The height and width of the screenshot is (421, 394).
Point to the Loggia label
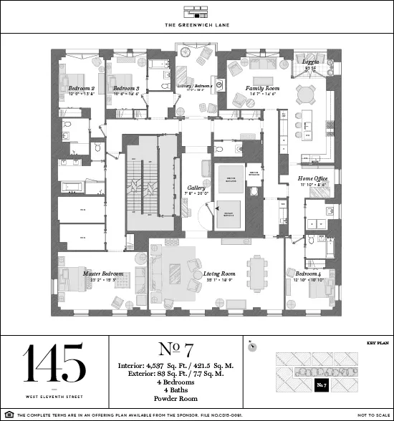point(310,63)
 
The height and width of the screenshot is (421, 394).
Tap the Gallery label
point(196,188)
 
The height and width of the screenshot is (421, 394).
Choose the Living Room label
point(219,274)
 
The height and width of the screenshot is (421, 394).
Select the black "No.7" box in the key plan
point(322,387)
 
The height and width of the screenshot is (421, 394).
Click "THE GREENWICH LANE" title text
point(197,26)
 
